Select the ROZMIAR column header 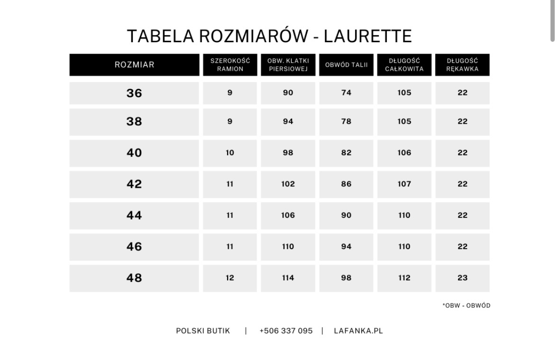[x=134, y=65]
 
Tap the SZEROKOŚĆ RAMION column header [x=230, y=65]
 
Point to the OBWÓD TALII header [x=346, y=65]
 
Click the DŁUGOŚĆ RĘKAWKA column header [x=462, y=65]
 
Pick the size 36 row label [x=134, y=93]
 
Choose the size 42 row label [x=134, y=184]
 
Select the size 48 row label [x=134, y=278]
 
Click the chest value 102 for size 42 [x=288, y=184]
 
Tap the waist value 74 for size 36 [x=346, y=93]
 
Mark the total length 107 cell [x=404, y=184]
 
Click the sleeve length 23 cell [x=462, y=278]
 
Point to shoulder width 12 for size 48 [x=230, y=278]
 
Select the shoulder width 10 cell [x=230, y=153]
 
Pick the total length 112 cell [x=404, y=278]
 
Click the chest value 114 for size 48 [x=288, y=278]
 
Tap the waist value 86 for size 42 [x=346, y=184]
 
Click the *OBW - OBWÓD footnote [x=466, y=305]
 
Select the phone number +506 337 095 [x=286, y=331]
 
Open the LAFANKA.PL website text [x=358, y=331]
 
